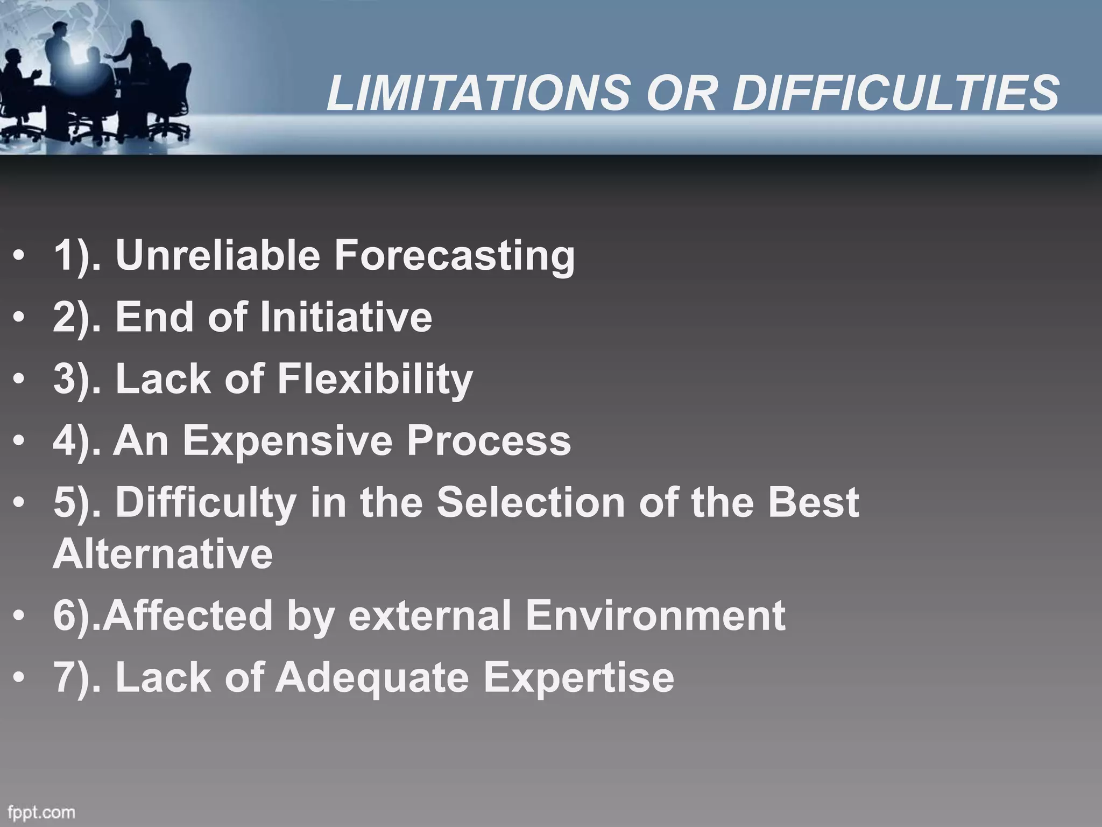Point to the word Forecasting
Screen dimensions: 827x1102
click(455, 256)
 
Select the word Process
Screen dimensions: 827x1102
click(488, 440)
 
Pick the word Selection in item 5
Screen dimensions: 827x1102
click(531, 502)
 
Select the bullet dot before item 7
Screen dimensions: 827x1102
click(19, 678)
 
